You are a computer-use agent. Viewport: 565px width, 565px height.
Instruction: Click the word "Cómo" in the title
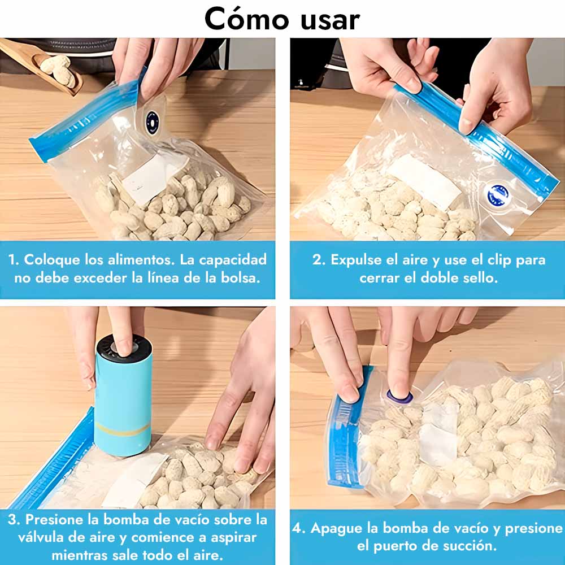click(247, 19)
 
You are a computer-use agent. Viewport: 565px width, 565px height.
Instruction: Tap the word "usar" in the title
click(330, 20)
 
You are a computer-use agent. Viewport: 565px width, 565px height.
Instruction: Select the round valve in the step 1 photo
click(152, 123)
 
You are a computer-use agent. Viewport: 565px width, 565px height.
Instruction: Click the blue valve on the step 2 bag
click(498, 195)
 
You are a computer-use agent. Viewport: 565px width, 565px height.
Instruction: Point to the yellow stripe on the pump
click(123, 429)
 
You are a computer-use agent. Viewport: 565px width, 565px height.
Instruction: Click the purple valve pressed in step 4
click(399, 397)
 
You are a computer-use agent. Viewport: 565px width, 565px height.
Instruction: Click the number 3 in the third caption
click(14, 520)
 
